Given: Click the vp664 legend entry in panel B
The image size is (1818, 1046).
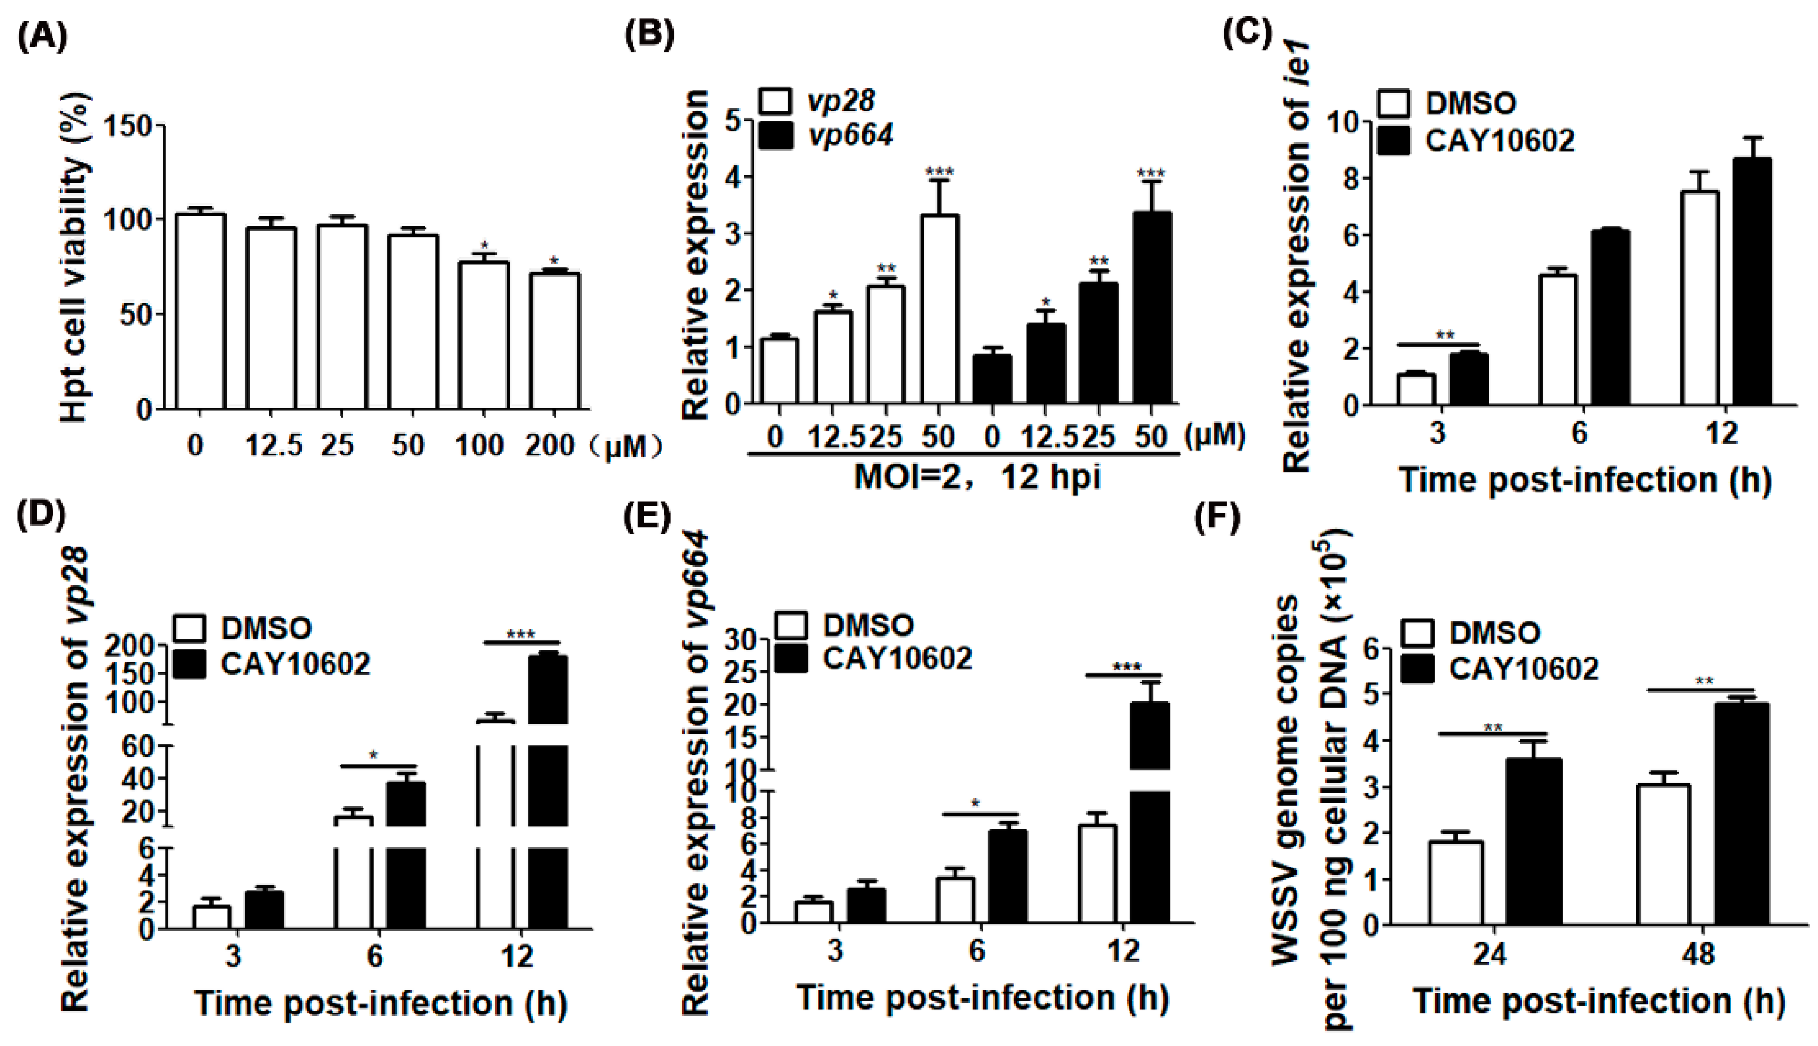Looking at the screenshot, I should [826, 135].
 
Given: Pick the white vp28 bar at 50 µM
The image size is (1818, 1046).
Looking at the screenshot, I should [938, 309].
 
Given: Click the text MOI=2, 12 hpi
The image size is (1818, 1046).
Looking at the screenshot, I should [976, 477].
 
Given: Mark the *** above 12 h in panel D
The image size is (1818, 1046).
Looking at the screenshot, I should [521, 635].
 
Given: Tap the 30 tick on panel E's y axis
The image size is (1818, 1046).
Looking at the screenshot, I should [748, 640].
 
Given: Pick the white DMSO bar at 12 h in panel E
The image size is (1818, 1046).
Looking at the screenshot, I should [1097, 874].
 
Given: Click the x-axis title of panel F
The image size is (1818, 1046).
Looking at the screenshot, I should [1598, 1001].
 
